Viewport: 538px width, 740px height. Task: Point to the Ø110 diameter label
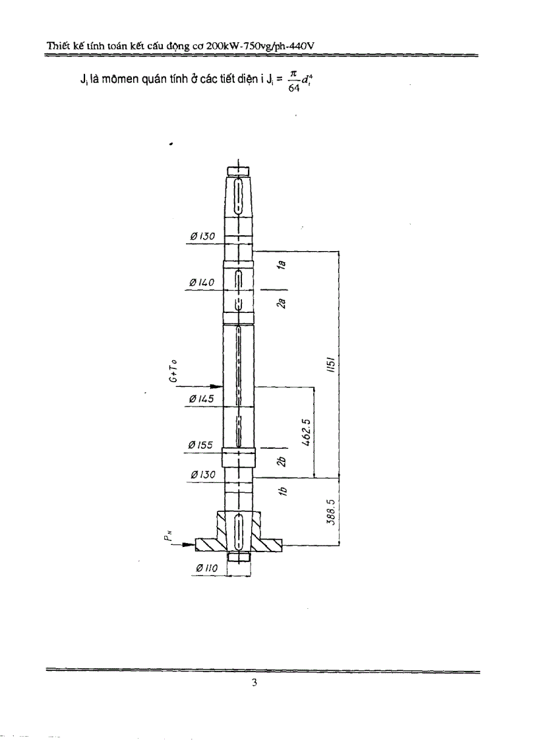[208, 568]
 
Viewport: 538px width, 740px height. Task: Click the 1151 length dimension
[334, 364]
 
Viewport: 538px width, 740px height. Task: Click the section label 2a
[280, 302]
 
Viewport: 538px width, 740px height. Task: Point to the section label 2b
[281, 461]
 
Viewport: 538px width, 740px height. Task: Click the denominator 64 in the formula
[294, 90]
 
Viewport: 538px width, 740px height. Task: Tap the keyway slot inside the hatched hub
[238, 530]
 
